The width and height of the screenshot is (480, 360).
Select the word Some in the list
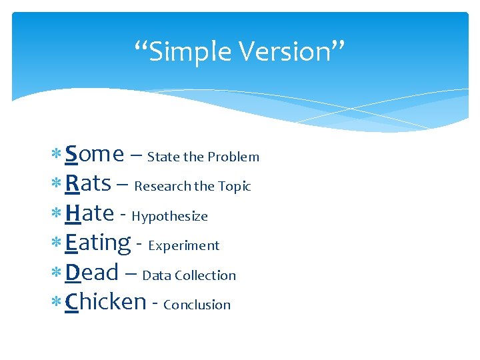click(x=95, y=155)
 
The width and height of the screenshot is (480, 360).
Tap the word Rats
click(x=88, y=184)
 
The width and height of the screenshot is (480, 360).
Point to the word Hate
click(x=89, y=213)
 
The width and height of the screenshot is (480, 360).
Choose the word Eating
click(x=98, y=243)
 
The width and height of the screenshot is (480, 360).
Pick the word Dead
click(x=92, y=273)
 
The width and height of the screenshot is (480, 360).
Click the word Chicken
click(x=105, y=302)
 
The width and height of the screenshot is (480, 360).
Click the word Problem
click(x=233, y=157)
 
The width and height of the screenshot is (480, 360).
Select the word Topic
click(x=235, y=187)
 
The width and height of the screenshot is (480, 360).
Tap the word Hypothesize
click(x=170, y=217)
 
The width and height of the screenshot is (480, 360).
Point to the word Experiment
click(x=184, y=246)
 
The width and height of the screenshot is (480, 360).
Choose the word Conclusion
click(x=197, y=305)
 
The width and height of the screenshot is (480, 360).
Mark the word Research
click(x=161, y=187)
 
